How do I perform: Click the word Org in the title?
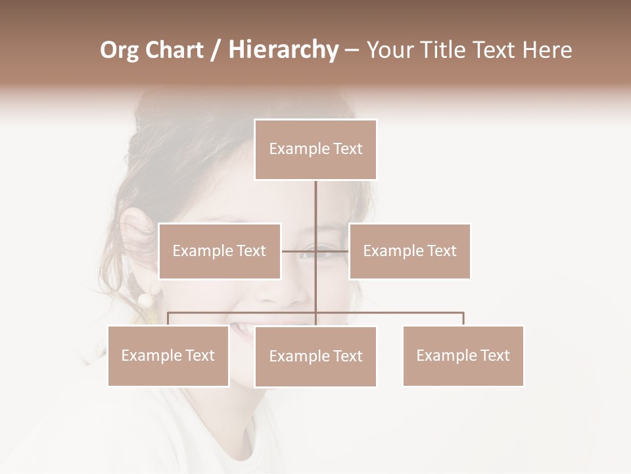pos(120,50)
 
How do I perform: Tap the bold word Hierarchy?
pos(283,50)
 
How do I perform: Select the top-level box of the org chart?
pos(315,149)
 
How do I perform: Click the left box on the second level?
pos(220,251)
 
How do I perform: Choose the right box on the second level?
pos(409,251)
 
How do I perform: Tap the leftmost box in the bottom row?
pos(168,355)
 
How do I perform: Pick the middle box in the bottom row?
pos(315,356)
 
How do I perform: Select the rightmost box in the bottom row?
pos(463,355)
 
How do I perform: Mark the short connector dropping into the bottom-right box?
pos(463,319)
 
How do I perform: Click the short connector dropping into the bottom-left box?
pos(168,319)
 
